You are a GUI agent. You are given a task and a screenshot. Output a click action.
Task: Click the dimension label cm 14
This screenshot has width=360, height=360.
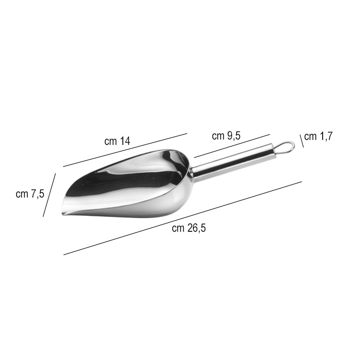117,141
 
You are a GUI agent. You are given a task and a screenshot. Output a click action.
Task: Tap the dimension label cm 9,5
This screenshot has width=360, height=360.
226,136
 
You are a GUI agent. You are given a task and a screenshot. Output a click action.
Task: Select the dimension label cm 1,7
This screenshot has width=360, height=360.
319,136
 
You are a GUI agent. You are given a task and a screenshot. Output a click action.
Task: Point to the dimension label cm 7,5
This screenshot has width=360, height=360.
30,194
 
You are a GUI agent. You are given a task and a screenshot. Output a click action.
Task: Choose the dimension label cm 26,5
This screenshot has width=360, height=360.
189,228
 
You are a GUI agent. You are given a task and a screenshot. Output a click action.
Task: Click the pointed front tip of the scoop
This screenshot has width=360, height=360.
63,214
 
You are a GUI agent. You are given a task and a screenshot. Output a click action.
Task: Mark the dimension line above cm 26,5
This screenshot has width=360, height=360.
183,218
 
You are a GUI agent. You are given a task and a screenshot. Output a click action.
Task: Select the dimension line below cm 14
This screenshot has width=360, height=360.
125,150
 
